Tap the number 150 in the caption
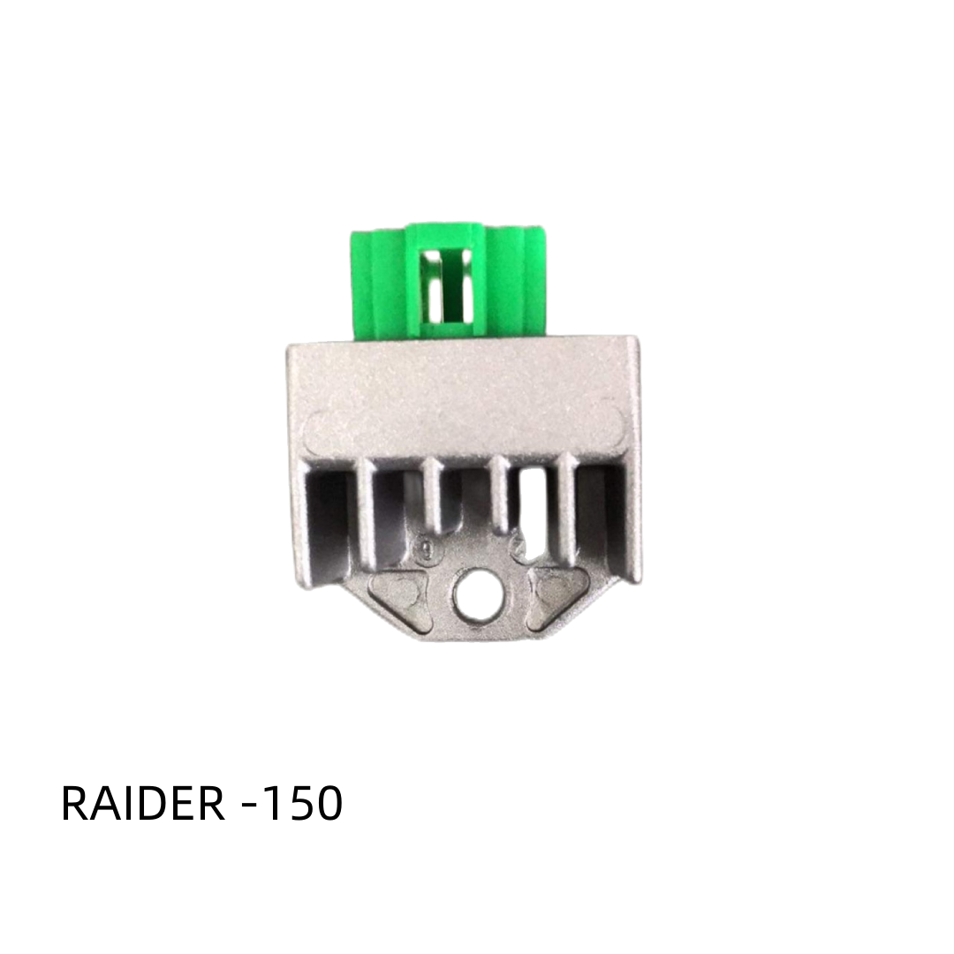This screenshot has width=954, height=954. point(301,804)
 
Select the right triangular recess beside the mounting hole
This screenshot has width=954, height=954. point(553,589)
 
